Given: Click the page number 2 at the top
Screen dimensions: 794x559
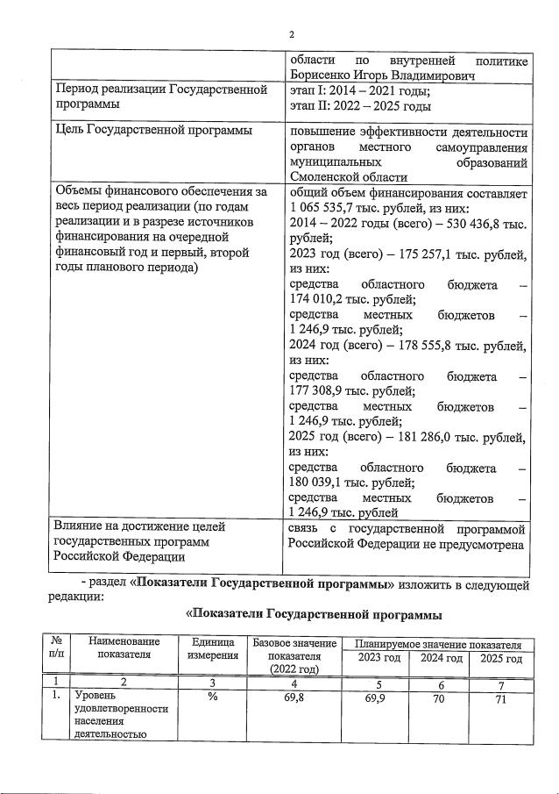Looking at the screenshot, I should coord(290,35).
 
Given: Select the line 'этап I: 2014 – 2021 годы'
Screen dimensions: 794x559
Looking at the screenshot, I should coord(359,91).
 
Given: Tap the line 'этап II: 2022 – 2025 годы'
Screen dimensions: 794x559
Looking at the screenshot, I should coord(360,106).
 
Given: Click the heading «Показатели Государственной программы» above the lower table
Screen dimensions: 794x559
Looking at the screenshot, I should coord(313,613).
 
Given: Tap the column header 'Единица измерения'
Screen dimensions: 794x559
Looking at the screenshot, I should coord(213,649).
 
